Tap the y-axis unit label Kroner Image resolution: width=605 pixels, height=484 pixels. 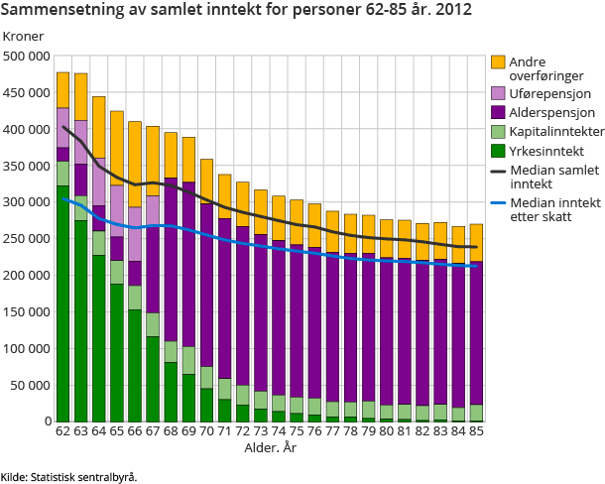tap(24, 37)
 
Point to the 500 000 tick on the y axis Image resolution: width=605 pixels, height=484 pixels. tap(28, 57)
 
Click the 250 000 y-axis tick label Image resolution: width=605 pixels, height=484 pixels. tap(28, 239)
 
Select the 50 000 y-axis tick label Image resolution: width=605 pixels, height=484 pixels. tap(31, 385)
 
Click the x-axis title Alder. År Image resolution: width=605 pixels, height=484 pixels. tap(271, 449)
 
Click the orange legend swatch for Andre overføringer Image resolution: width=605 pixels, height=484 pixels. tap(499, 62)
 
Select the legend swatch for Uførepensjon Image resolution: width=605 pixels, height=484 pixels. tap(499, 93)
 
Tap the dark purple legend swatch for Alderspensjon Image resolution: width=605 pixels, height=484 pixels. tap(499, 112)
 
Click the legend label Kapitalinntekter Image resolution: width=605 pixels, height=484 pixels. tap(550, 131)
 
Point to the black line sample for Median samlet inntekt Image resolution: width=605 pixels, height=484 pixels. tap(499, 171)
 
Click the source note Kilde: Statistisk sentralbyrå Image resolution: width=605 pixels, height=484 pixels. tap(69, 476)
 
